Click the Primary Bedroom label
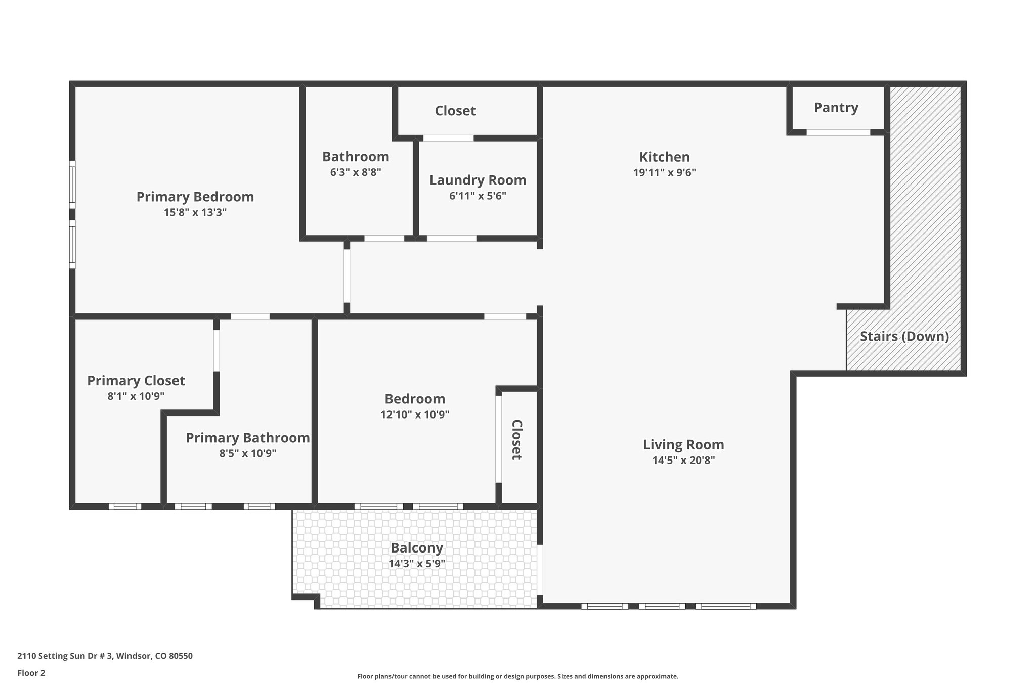(195, 197)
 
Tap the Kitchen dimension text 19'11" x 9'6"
(664, 172)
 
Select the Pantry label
(836, 108)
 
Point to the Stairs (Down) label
(904, 336)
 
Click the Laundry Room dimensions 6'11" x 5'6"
(478, 196)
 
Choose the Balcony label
(416, 547)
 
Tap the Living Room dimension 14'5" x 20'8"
(683, 460)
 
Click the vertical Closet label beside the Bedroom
(516, 440)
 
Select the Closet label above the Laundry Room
(455, 111)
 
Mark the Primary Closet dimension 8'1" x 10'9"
(136, 396)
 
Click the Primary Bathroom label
(247, 438)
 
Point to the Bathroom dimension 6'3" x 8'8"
(355, 172)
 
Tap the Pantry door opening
(838, 132)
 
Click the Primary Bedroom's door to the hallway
(347, 275)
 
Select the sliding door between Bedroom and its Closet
(498, 439)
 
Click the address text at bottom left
(105, 656)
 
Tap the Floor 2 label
(31, 673)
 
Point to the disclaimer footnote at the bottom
(517, 676)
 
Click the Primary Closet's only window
(124, 506)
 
